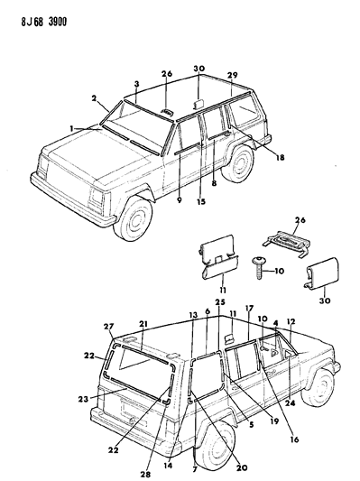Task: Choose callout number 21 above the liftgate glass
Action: pyautogui.click(x=143, y=323)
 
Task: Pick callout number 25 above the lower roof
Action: pyautogui.click(x=219, y=301)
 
